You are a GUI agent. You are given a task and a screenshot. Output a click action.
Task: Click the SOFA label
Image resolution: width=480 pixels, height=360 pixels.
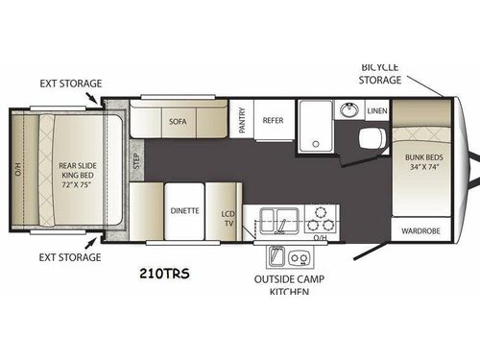pos(176,123)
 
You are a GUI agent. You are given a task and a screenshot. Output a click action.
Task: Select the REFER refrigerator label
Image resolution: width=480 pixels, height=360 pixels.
pos(273,121)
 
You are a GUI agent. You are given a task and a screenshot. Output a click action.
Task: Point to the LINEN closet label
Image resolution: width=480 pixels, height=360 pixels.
pos(375,110)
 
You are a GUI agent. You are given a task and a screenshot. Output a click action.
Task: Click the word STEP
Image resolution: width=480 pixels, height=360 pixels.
pos(135,159)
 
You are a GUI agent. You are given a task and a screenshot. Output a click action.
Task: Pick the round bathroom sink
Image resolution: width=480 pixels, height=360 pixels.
pos(347,111)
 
